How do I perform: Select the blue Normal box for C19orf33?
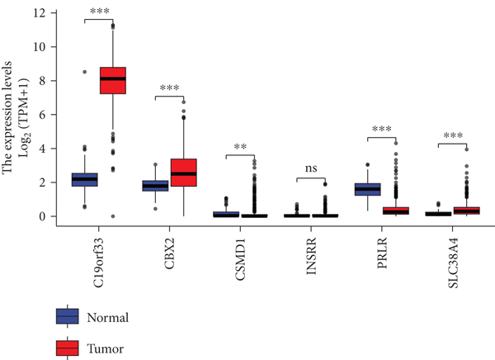(x=84, y=179)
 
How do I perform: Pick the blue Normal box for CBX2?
(x=155, y=186)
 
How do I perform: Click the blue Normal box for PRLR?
(x=368, y=189)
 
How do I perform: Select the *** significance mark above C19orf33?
(x=100, y=14)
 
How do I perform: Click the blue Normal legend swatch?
(x=67, y=316)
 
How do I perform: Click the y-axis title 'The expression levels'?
(x=8, y=116)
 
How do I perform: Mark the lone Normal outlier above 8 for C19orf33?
(x=84, y=72)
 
